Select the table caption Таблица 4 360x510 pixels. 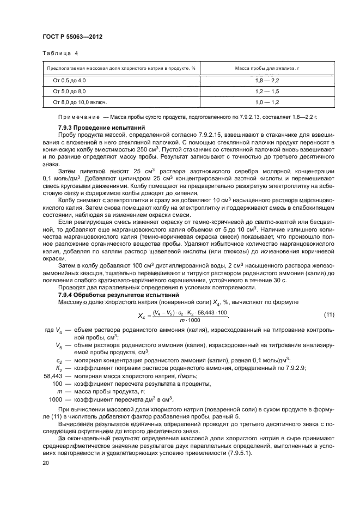(x=60, y=53)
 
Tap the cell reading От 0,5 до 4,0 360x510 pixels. (x=69, y=80)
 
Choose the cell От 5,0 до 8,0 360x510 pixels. (x=69, y=91)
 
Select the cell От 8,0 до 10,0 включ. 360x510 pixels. (x=80, y=102)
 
